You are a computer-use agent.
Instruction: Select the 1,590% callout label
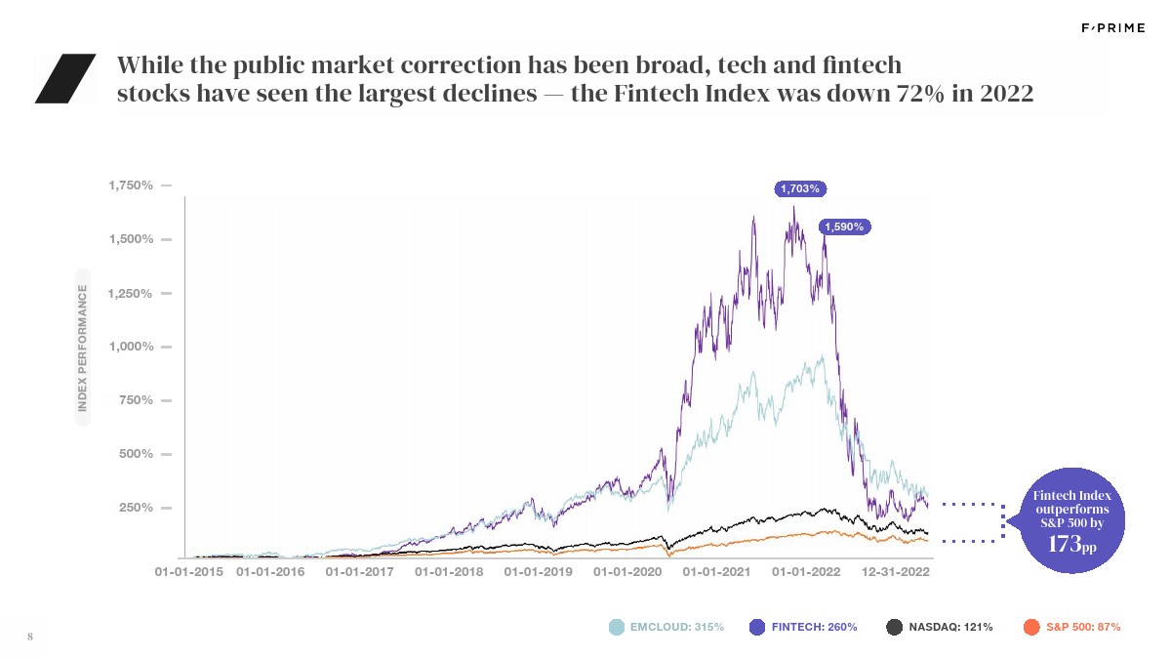(x=844, y=227)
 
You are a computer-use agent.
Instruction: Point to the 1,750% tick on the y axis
(x=130, y=185)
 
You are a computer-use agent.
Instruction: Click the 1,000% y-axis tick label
(x=130, y=347)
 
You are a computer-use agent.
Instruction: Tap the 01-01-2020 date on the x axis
(x=627, y=572)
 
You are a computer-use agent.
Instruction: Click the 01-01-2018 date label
(x=449, y=572)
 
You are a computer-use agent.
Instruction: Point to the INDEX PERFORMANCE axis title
(x=83, y=347)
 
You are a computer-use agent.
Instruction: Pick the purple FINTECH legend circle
(x=757, y=627)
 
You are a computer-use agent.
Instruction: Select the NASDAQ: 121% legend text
(x=950, y=627)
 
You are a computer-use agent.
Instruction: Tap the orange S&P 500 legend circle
(x=1031, y=627)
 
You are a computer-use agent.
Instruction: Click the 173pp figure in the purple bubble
(x=1070, y=544)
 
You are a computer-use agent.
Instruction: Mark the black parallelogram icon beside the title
(x=64, y=78)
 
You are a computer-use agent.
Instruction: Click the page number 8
(x=30, y=638)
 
